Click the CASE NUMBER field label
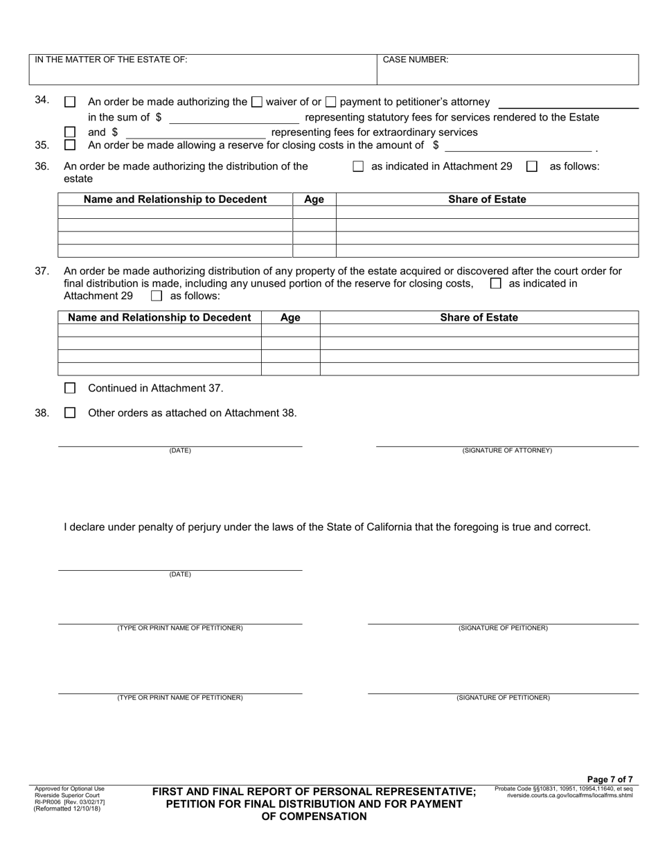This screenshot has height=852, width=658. [x=415, y=60]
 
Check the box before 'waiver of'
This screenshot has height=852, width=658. [x=256, y=102]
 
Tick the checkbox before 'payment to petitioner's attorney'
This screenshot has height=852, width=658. [x=331, y=102]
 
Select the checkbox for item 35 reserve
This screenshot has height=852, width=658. [x=69, y=145]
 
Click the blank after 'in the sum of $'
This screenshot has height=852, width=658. [x=233, y=118]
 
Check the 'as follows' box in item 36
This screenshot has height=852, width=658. [x=532, y=166]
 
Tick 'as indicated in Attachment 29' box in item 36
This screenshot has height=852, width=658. [x=358, y=166]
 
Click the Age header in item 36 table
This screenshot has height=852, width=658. [x=314, y=199]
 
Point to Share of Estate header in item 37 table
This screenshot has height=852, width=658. [x=479, y=318]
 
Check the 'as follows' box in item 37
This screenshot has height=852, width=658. [x=156, y=296]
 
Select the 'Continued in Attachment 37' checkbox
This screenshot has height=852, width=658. [x=69, y=388]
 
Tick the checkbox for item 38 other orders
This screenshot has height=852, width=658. [x=69, y=413]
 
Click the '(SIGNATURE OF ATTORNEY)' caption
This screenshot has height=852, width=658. [x=507, y=451]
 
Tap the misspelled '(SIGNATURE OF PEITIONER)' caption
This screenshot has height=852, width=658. [x=503, y=628]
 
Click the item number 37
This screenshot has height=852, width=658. [x=42, y=272]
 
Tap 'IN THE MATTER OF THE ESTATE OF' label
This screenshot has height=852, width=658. [x=111, y=60]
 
